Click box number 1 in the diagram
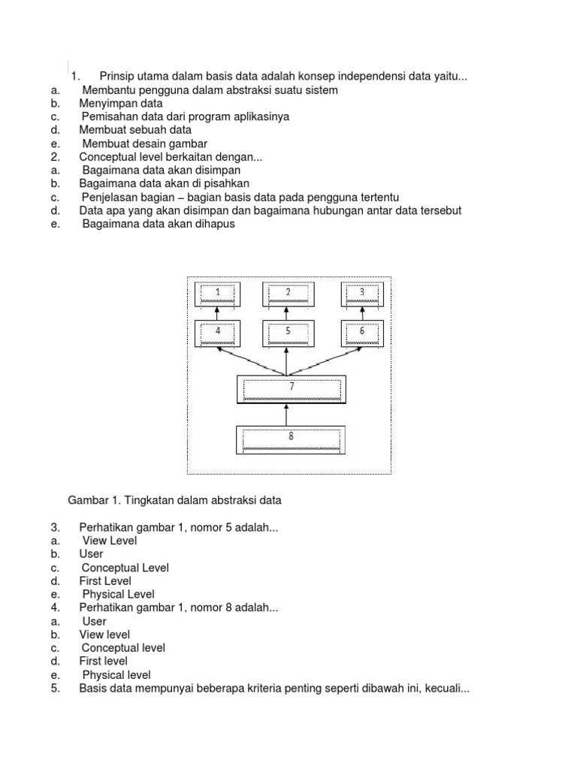click(x=218, y=294)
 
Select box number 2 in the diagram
click(x=288, y=294)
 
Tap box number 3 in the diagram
click(x=362, y=294)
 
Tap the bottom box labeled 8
click(x=292, y=439)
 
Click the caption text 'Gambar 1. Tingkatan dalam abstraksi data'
click(x=174, y=499)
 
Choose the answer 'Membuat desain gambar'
click(x=144, y=143)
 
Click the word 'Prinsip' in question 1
click(x=118, y=77)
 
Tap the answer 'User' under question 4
click(x=94, y=621)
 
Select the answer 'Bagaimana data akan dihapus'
click(x=159, y=224)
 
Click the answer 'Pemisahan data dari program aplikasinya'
click(x=185, y=117)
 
